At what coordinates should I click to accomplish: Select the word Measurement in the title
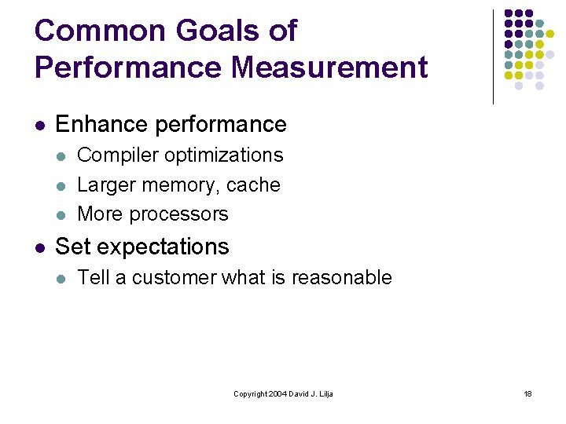pos(329,68)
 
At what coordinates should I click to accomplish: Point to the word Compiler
pos(112,155)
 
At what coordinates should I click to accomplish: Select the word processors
pos(180,214)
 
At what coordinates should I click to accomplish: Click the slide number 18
pos(527,393)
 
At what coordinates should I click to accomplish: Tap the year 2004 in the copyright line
pos(276,393)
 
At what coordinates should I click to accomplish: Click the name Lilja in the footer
pos(325,393)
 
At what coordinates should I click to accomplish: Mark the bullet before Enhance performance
pos(39,125)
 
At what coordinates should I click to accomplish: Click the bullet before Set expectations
pos(39,247)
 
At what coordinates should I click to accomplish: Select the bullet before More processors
pos(61,215)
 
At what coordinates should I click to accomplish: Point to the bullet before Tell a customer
pos(61,278)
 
